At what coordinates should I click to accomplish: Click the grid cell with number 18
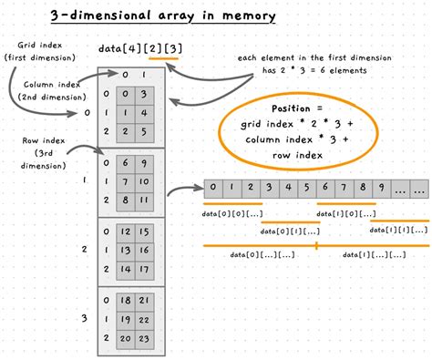tap(128, 300)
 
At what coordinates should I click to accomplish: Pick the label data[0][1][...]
tap(289, 231)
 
